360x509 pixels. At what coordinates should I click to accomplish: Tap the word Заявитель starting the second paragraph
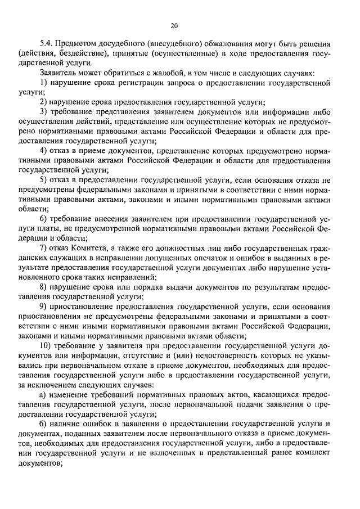pyautogui.click(x=58, y=73)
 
